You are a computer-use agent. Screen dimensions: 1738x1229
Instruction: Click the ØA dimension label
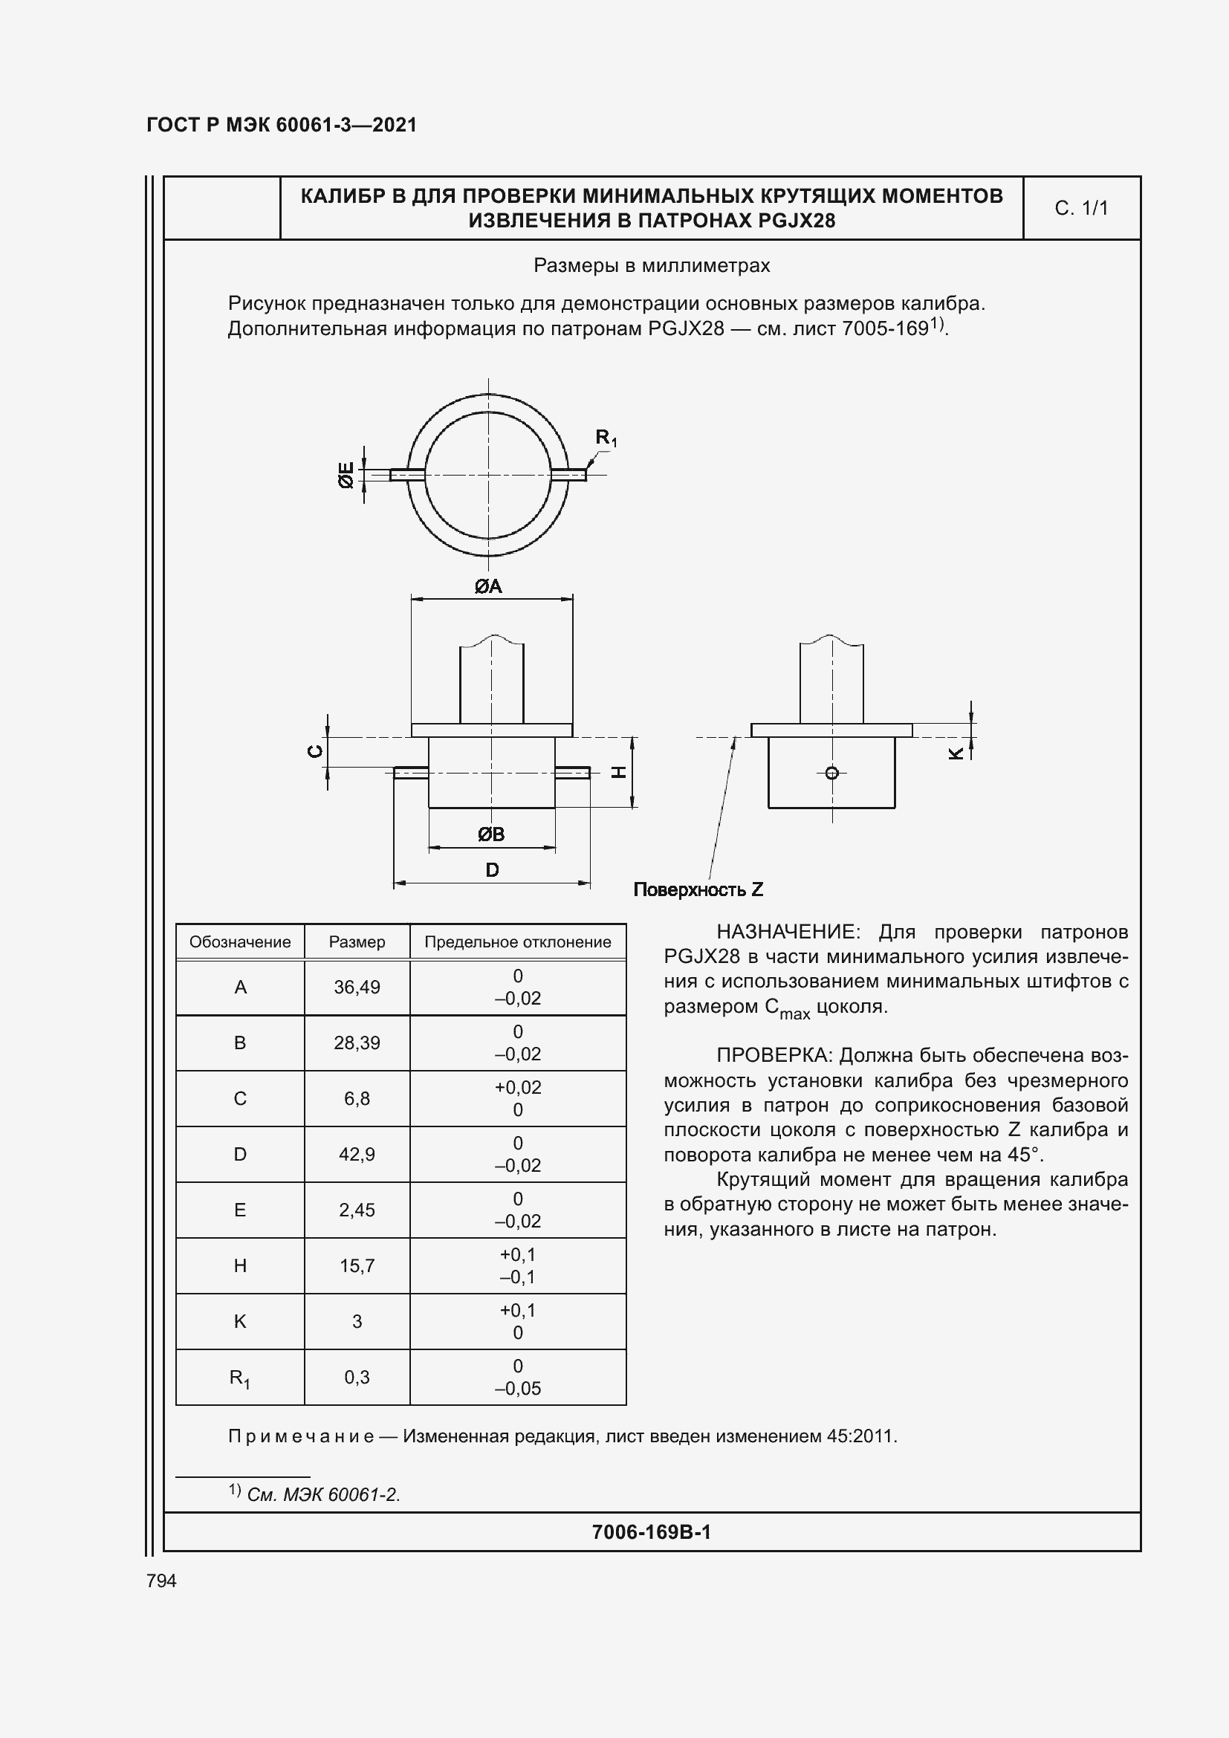[488, 586]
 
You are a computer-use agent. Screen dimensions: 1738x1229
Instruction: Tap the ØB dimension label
[491, 834]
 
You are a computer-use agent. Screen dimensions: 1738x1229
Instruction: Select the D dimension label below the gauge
[492, 870]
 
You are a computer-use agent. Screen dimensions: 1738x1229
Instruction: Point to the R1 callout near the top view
[606, 438]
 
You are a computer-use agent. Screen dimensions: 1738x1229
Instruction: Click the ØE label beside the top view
[346, 475]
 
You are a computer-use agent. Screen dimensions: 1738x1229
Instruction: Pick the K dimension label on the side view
[956, 753]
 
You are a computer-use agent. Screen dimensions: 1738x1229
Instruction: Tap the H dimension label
[619, 772]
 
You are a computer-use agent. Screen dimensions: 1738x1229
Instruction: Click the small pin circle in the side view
[831, 772]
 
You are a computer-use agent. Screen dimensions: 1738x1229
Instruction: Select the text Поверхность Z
[698, 889]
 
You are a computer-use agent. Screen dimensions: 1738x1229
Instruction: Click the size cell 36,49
[357, 987]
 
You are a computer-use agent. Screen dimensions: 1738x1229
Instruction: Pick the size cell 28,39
[357, 1043]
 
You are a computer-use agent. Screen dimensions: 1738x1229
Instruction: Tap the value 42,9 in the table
[357, 1154]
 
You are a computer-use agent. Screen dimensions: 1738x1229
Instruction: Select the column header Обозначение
[240, 941]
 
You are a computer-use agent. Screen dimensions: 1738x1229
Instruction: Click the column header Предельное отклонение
[518, 941]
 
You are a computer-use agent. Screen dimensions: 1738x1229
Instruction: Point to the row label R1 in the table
[240, 1378]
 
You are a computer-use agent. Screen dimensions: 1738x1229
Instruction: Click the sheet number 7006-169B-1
[651, 1532]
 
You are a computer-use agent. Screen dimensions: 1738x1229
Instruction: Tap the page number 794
[161, 1580]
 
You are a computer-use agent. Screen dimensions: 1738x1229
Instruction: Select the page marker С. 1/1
[1080, 208]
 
